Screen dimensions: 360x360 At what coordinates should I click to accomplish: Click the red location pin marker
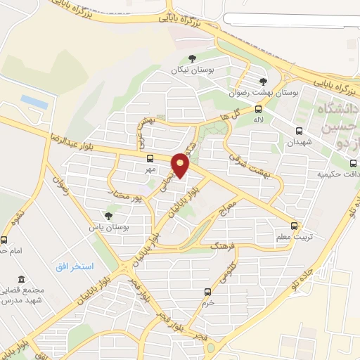pos(181,166)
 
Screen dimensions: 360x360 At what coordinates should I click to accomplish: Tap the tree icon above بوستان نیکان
pos(193,59)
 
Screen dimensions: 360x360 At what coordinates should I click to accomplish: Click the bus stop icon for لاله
pos(259,109)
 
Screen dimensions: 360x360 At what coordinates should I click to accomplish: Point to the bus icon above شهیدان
pos(299,131)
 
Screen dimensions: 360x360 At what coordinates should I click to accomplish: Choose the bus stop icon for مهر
pos(150,158)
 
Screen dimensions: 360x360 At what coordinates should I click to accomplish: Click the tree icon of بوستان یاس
pos(108,216)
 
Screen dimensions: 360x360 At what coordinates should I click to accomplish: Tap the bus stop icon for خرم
pos(207,291)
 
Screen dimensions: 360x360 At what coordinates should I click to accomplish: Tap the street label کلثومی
pos(226,267)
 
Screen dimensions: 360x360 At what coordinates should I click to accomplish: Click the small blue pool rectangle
pos(34,101)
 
